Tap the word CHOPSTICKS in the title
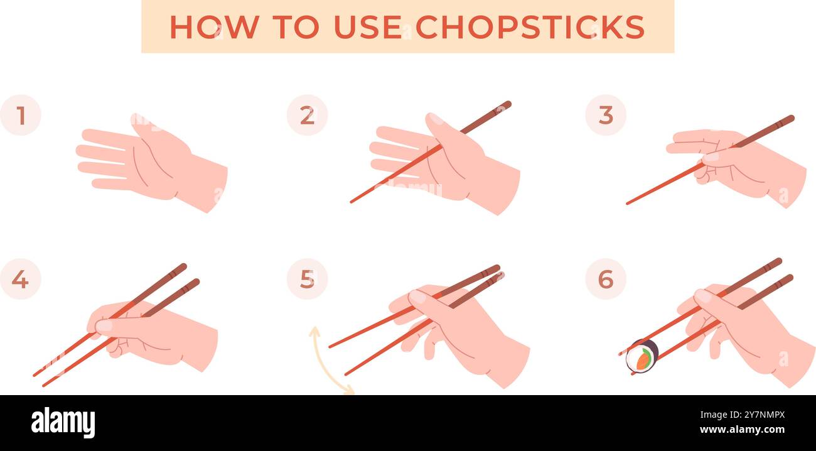(530, 27)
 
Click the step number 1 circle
(21, 115)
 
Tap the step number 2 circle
(307, 115)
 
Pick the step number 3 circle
(605, 115)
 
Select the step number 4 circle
(21, 279)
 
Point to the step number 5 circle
(307, 279)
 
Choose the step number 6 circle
(605, 279)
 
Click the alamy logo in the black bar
(63, 422)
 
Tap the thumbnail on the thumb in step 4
(103, 325)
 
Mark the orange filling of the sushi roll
(643, 360)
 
